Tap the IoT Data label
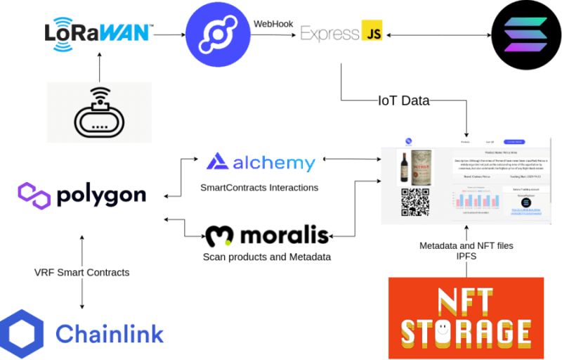(403, 101)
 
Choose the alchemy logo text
(274, 163)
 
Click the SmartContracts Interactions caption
(259, 188)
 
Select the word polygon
(104, 194)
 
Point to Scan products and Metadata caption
(266, 257)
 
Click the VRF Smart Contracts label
(82, 272)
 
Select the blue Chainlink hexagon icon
(22, 333)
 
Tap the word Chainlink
(109, 334)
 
